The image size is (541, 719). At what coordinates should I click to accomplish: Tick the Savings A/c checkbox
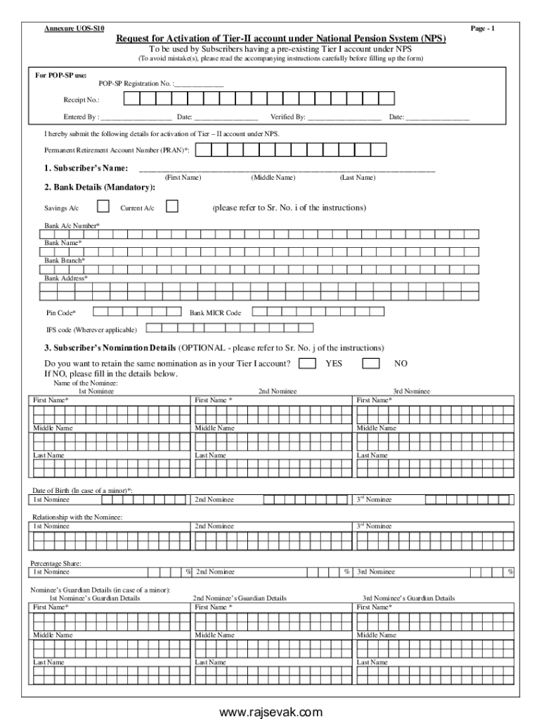[103, 206]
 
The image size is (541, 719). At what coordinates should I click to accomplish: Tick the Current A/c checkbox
[171, 206]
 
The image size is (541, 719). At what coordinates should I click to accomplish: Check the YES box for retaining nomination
[307, 363]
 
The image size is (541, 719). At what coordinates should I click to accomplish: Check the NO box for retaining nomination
[371, 363]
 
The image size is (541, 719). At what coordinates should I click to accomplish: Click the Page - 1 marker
[483, 28]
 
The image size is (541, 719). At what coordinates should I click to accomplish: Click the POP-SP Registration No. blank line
[199, 84]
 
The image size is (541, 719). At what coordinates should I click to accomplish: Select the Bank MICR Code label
[215, 312]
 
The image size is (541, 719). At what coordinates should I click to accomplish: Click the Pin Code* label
[61, 312]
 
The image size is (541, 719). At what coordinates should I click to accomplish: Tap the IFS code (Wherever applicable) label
[91, 329]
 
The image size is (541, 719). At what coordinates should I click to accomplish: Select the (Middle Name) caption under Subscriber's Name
[273, 178]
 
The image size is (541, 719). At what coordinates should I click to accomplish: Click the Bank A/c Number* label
[72, 225]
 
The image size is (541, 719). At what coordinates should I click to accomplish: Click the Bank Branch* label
[65, 260]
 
